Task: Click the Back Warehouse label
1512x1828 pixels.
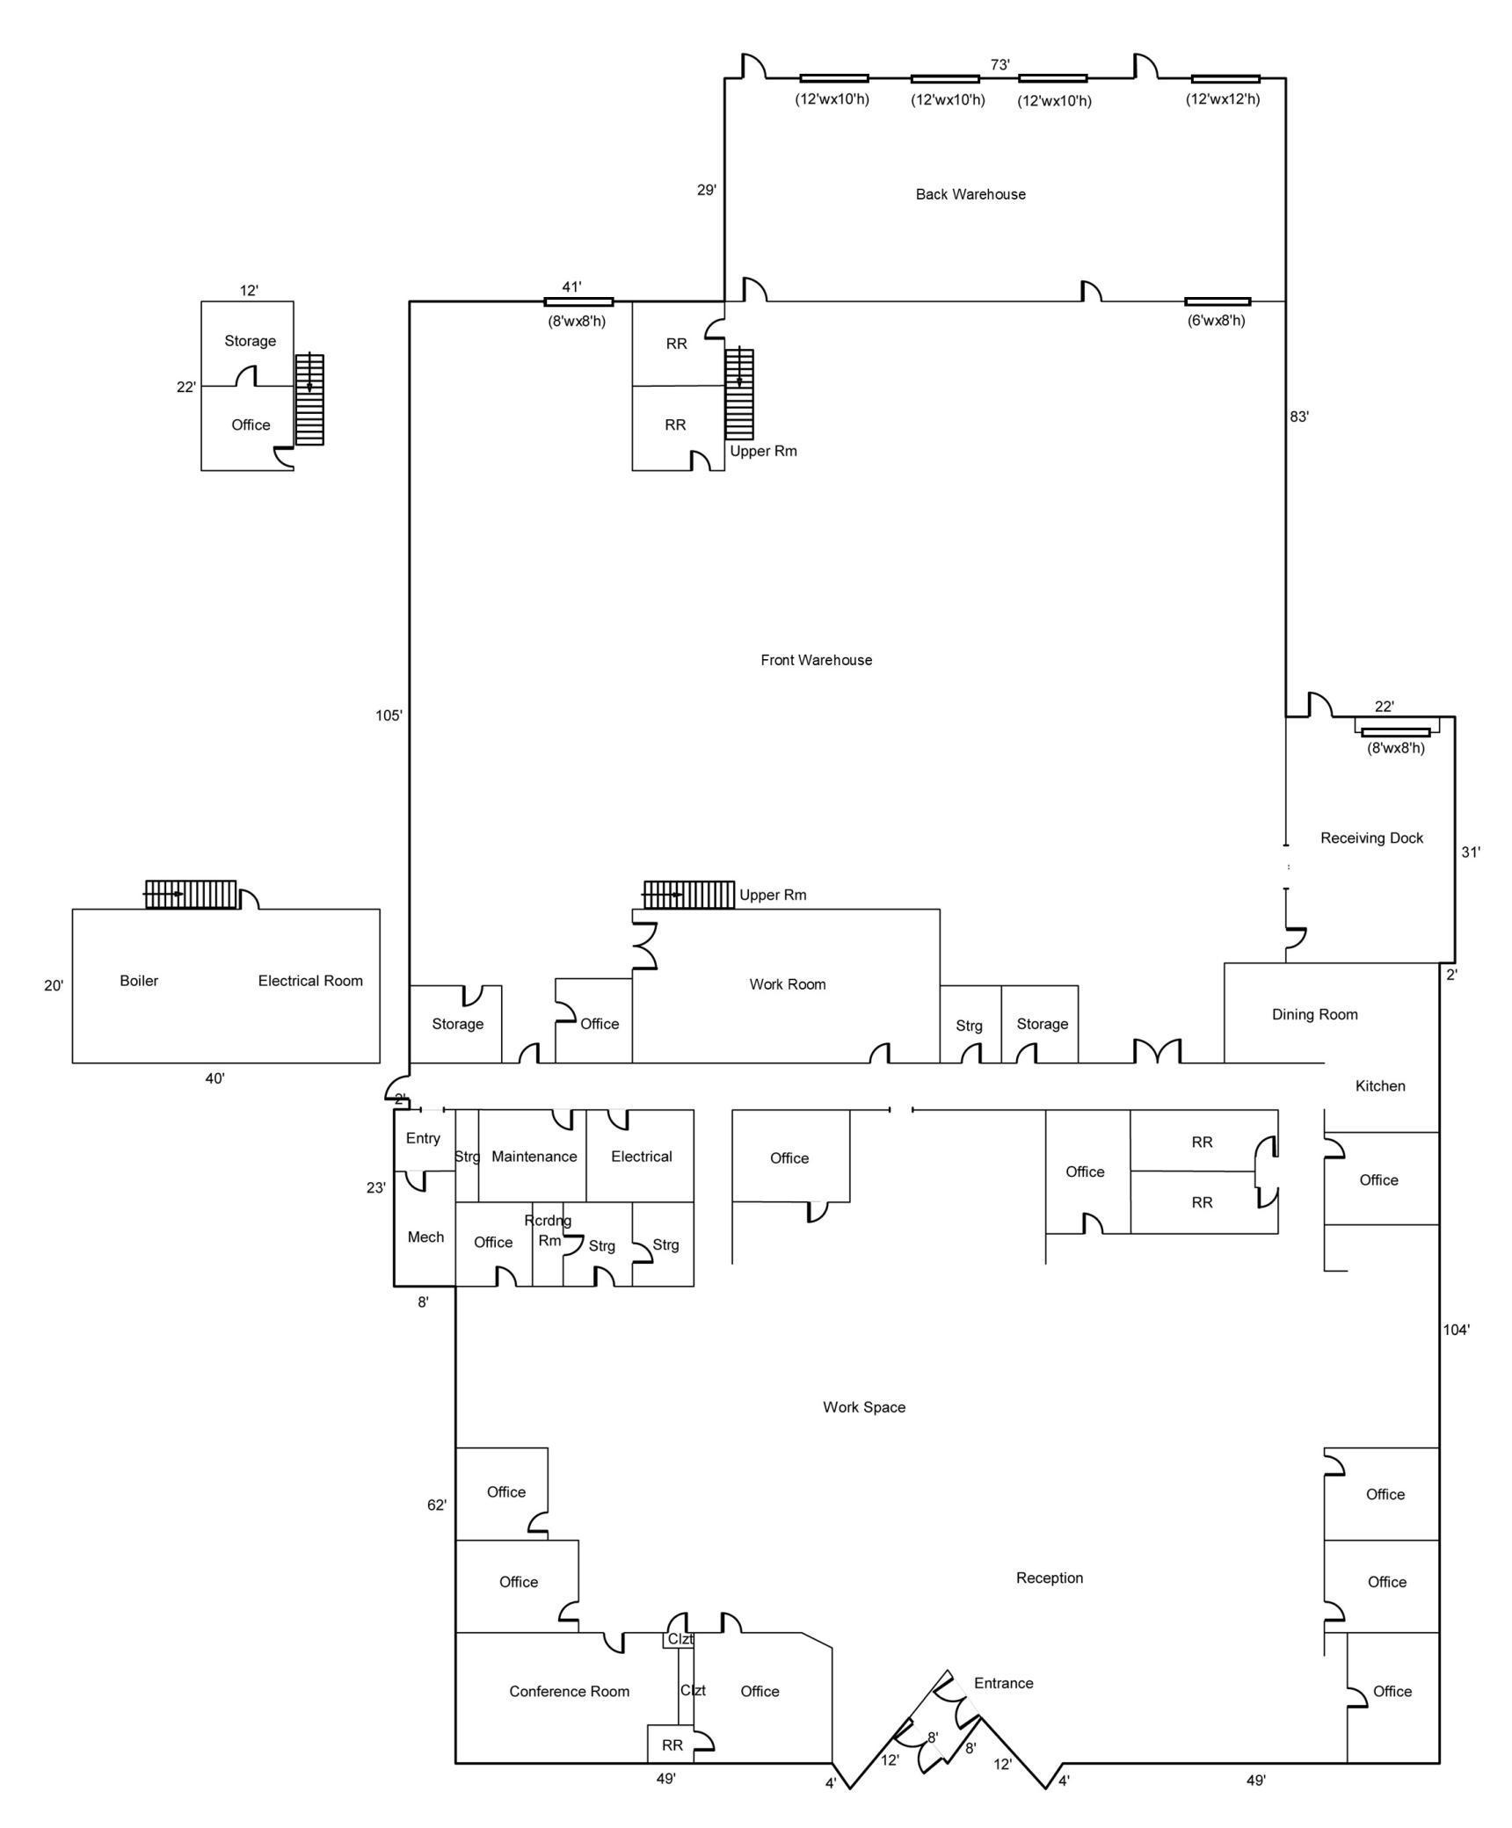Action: (970, 194)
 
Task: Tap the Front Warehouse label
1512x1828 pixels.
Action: (816, 660)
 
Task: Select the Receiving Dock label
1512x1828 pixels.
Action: (1371, 838)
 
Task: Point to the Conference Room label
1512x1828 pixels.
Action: (569, 1692)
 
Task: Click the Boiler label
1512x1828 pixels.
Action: (139, 981)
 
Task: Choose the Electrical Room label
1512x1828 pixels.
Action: (310, 981)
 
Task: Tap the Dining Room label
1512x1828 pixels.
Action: (1314, 1014)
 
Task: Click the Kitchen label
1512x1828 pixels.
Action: (1380, 1086)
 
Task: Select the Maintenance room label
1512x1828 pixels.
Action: (534, 1157)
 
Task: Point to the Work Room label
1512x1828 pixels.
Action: (787, 984)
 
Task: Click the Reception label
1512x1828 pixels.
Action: (1050, 1578)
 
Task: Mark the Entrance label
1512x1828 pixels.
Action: (1003, 1684)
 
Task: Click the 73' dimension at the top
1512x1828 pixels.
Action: (1000, 65)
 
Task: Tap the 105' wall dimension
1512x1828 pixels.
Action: (389, 715)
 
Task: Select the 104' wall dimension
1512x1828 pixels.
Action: (1456, 1331)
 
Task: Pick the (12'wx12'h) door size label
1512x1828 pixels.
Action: (1223, 99)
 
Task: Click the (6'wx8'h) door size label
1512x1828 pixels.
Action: (1217, 321)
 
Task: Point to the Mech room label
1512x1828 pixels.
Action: (425, 1237)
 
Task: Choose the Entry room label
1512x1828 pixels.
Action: (423, 1139)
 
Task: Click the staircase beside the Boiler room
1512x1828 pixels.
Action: (191, 895)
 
